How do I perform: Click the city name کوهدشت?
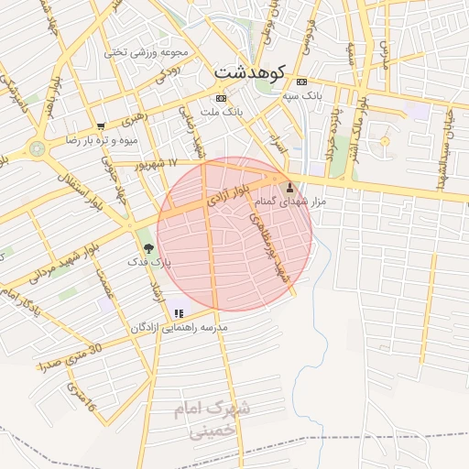point(250,71)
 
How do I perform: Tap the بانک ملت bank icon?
point(221,97)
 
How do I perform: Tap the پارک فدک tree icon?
point(148,247)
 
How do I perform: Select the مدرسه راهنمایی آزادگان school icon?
point(178,313)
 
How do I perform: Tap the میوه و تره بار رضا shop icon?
point(101,126)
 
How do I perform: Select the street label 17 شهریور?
point(155,165)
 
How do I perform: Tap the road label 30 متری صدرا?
point(71,356)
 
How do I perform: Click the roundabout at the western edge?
point(37,147)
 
